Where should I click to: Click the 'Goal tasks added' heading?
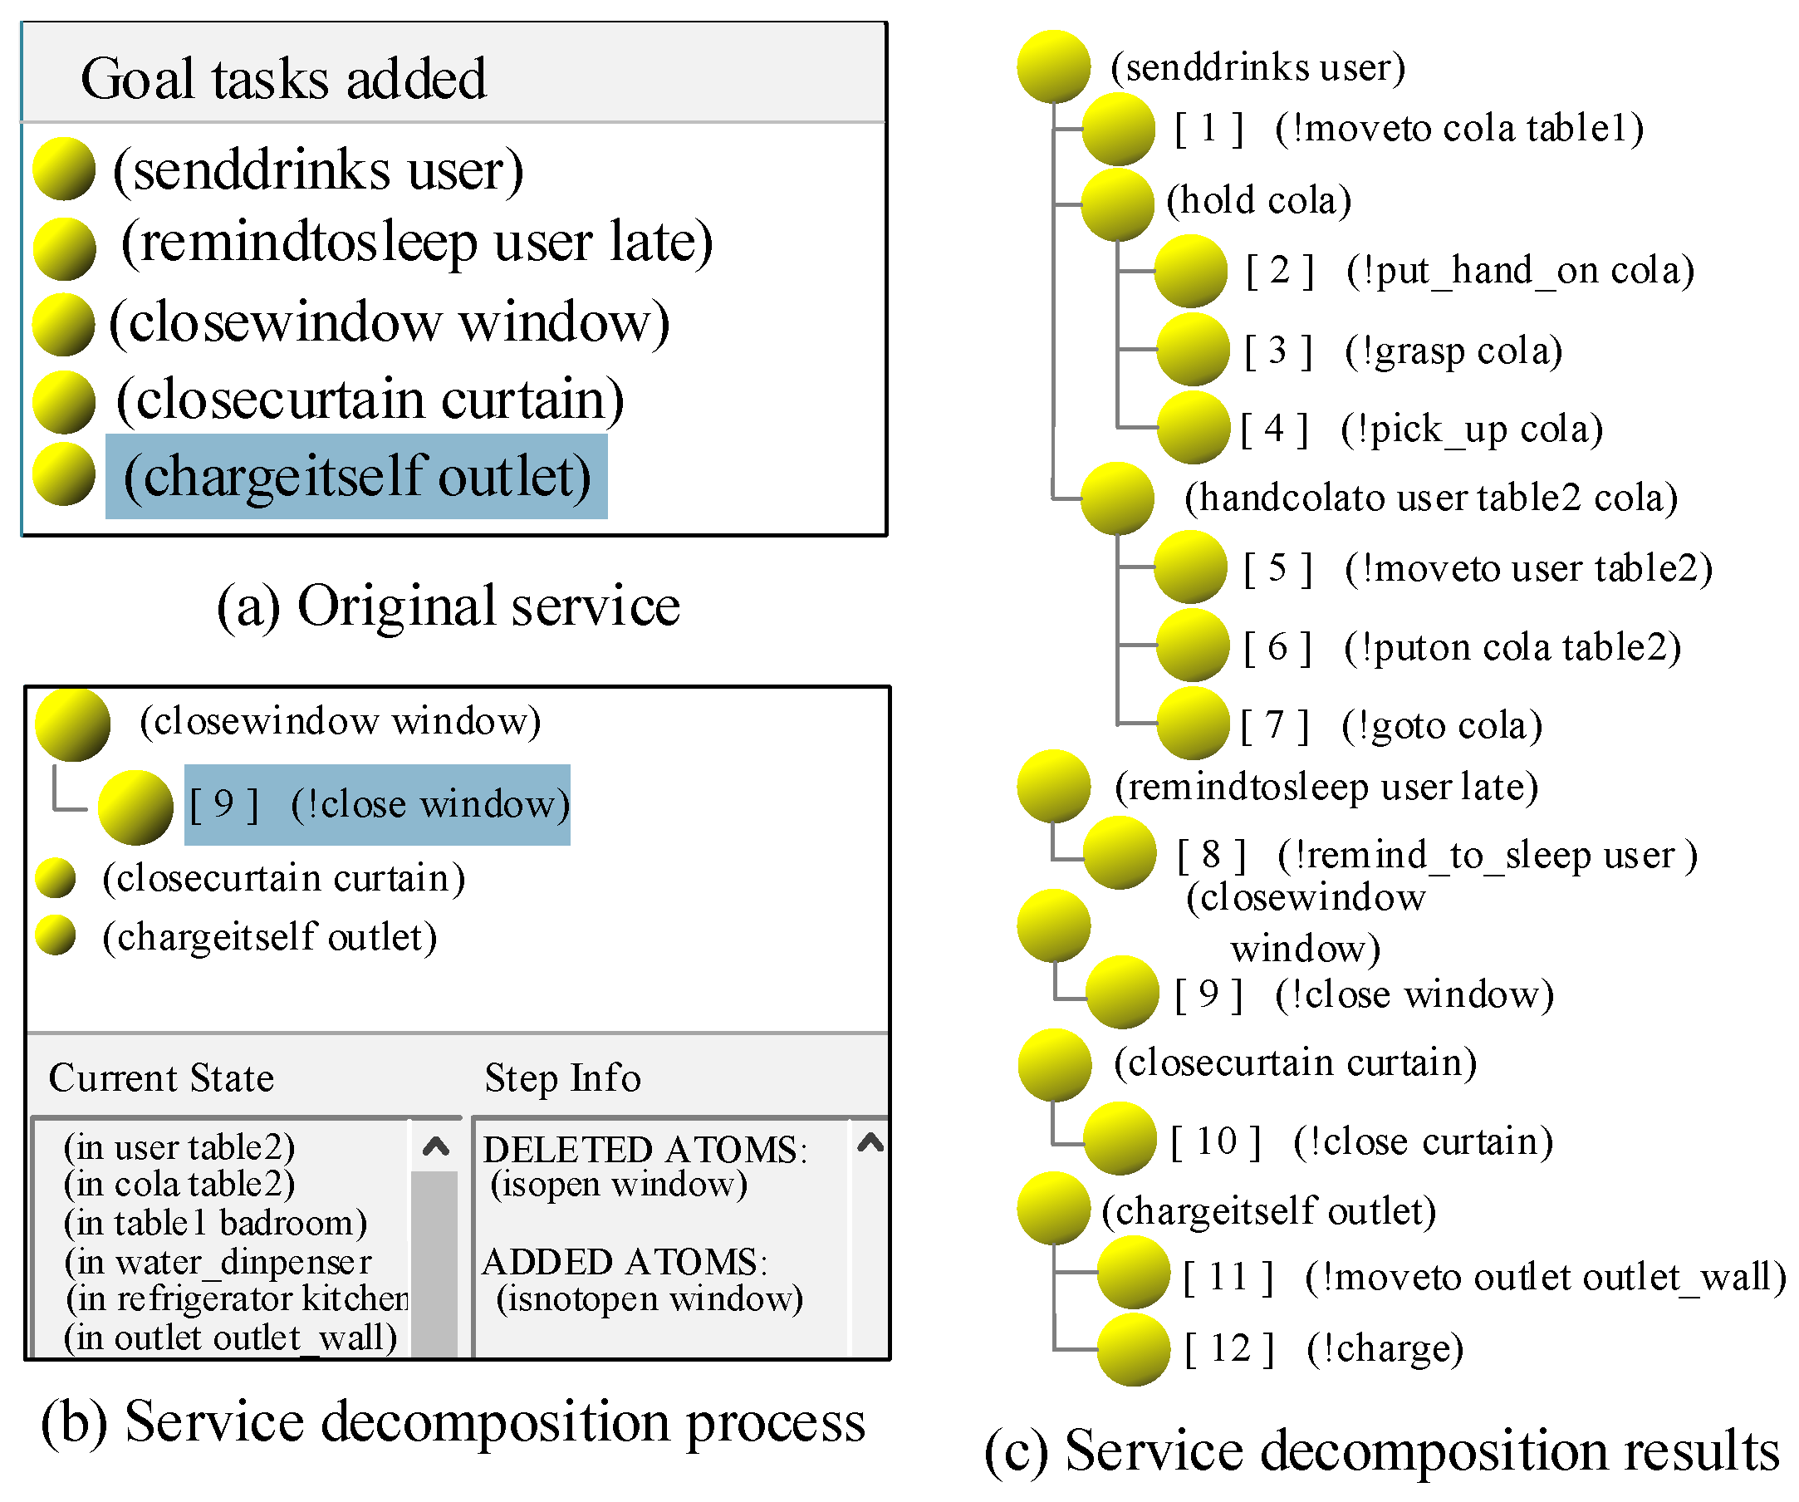click(x=282, y=79)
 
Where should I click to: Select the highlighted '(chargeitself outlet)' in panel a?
click(x=356, y=476)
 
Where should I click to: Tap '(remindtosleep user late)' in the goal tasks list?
click(x=417, y=243)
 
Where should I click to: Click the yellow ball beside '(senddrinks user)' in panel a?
click(x=63, y=169)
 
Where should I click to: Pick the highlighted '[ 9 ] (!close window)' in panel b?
click(x=378, y=804)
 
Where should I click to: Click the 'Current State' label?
click(x=161, y=1077)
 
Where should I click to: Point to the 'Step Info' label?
click(x=562, y=1077)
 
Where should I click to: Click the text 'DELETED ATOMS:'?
click(x=645, y=1150)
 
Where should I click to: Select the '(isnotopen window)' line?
click(x=650, y=1298)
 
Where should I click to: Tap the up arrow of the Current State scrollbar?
click(x=436, y=1146)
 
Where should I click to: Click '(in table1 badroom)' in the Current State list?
click(x=215, y=1223)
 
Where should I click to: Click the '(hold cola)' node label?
click(x=1258, y=200)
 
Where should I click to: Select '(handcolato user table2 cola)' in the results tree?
click(x=1429, y=498)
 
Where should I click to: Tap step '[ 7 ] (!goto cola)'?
click(x=1391, y=726)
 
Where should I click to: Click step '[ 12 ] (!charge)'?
click(x=1324, y=1348)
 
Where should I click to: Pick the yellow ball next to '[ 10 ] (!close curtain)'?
click(x=1120, y=1138)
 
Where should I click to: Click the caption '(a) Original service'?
click(x=448, y=606)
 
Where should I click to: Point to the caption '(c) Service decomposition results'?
click(x=1381, y=1451)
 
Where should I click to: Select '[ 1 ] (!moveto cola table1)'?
click(x=1409, y=129)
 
